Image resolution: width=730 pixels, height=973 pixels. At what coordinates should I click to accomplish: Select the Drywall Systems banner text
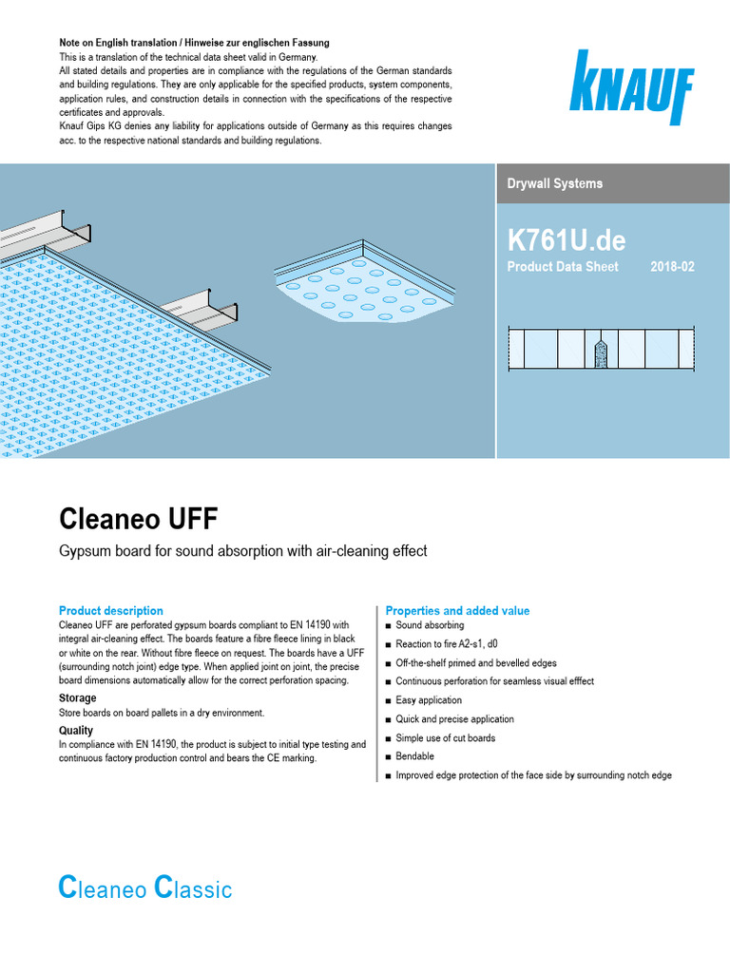[x=555, y=183]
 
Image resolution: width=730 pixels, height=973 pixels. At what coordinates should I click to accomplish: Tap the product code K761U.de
[x=567, y=238]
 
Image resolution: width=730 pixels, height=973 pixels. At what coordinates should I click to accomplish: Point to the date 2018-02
[x=672, y=267]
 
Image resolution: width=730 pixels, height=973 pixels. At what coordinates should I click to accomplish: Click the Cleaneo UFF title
[x=139, y=519]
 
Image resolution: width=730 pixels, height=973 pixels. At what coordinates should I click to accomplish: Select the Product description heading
[x=111, y=611]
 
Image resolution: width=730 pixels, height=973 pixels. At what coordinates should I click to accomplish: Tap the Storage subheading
[x=78, y=698]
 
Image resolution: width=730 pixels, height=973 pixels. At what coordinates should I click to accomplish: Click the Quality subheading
[x=76, y=731]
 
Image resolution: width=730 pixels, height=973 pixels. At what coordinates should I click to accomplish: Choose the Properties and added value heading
[x=457, y=611]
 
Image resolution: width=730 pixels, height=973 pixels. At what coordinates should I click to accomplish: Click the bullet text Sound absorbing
[x=430, y=626]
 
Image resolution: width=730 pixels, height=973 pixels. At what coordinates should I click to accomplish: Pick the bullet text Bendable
[x=414, y=756]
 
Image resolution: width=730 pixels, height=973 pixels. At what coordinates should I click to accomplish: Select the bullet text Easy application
[x=429, y=700]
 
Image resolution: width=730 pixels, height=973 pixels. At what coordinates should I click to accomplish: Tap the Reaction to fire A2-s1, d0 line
[x=447, y=645]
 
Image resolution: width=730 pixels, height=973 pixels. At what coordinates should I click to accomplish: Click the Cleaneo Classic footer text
[x=145, y=889]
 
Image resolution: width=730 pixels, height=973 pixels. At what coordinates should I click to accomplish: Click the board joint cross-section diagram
[x=603, y=349]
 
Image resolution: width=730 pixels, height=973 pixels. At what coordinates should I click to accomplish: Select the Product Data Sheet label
[x=563, y=267]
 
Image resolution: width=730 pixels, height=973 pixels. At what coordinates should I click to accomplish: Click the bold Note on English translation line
[x=195, y=44]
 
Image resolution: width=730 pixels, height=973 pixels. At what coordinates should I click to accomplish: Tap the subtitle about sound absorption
[x=243, y=551]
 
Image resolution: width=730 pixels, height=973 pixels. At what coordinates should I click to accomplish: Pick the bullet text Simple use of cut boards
[x=445, y=738]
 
